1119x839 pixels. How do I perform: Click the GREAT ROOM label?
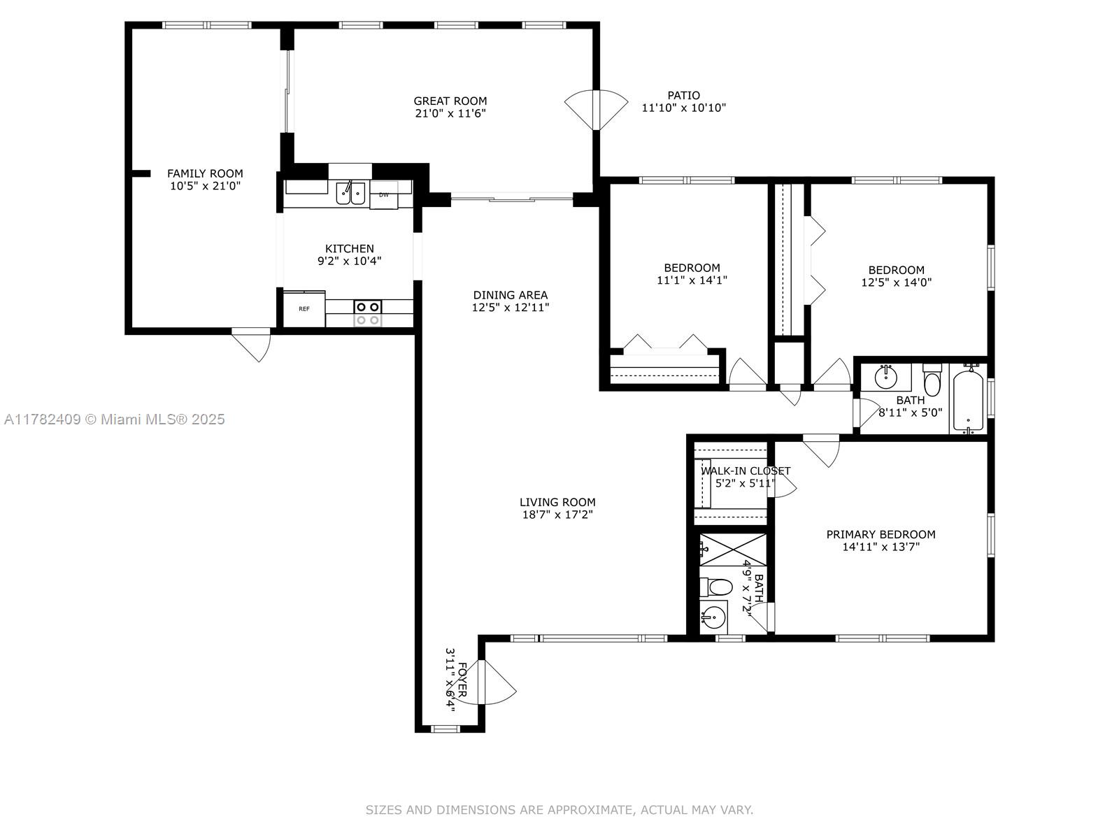450,101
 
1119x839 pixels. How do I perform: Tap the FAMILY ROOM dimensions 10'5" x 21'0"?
205,186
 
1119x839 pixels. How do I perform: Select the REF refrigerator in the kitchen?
304,309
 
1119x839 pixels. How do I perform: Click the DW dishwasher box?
384,194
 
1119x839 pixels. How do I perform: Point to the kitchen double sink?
350,193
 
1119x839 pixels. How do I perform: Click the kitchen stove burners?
368,313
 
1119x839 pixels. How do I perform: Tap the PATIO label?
683,95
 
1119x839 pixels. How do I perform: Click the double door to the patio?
596,110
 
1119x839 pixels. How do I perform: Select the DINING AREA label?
511,295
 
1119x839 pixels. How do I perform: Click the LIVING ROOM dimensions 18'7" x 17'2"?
557,515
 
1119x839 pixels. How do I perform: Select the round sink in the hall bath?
886,377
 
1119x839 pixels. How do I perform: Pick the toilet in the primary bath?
715,587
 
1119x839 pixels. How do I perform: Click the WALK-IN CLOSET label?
746,471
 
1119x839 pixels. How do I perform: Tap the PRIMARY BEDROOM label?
881,534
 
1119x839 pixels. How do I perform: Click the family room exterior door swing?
251,345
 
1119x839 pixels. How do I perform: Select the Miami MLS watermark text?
114,419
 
